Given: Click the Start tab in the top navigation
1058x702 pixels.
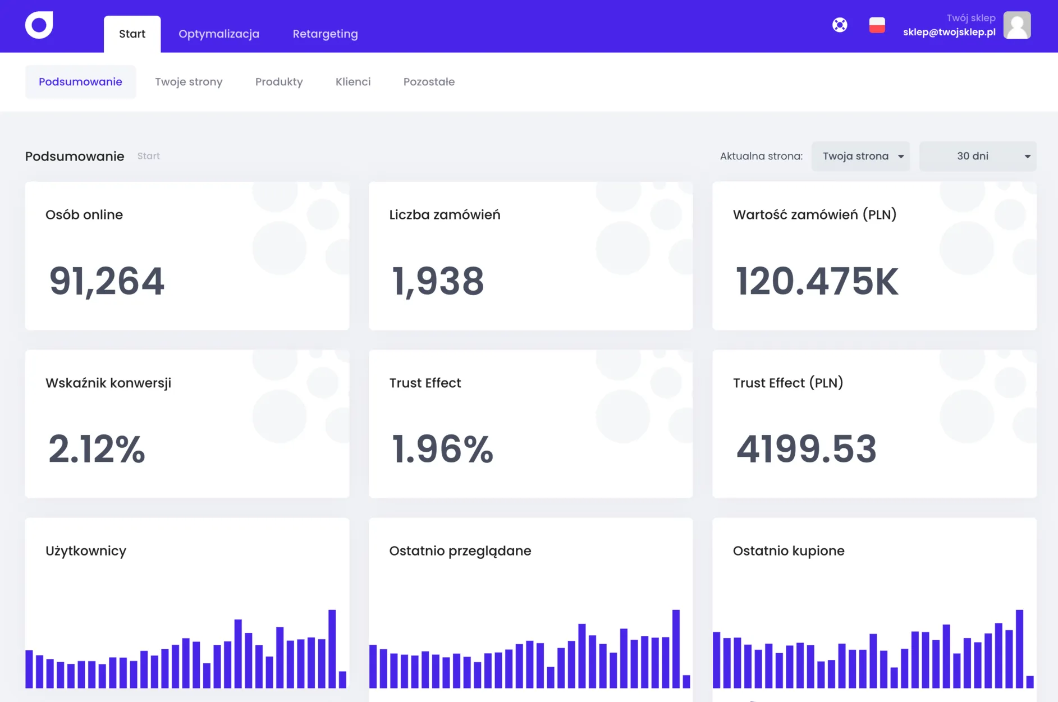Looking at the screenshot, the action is [x=132, y=34].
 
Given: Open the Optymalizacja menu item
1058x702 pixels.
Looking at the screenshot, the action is [x=219, y=34].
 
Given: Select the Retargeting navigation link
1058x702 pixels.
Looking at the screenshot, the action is [x=325, y=34].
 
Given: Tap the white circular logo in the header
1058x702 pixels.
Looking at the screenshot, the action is [x=39, y=25].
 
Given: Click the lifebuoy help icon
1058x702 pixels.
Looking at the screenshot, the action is [x=840, y=25].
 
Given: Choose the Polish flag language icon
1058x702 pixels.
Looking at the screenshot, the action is [x=877, y=25].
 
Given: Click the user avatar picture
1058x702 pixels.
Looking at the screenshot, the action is [x=1017, y=25].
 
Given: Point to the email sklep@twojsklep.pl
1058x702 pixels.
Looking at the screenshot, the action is [x=949, y=32].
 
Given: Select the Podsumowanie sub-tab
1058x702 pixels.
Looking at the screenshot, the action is [x=80, y=82].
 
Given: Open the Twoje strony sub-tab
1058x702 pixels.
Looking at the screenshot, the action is [x=189, y=82].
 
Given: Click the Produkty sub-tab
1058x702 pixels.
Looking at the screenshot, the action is [x=279, y=82].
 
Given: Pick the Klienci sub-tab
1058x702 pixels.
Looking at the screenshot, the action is [x=353, y=82].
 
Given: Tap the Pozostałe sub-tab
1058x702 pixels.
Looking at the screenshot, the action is [x=429, y=82].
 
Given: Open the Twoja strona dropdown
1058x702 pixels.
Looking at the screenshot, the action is [x=861, y=156].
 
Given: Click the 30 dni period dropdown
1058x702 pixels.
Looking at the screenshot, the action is [x=978, y=156].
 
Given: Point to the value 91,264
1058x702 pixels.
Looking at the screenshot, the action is [x=107, y=281].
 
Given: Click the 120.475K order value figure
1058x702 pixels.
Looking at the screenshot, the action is [x=817, y=281].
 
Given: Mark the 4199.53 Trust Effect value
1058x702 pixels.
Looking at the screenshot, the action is [x=806, y=449].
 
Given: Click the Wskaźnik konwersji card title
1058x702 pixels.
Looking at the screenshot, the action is [x=108, y=383].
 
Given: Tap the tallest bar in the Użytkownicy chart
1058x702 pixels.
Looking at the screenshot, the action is [x=332, y=649].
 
